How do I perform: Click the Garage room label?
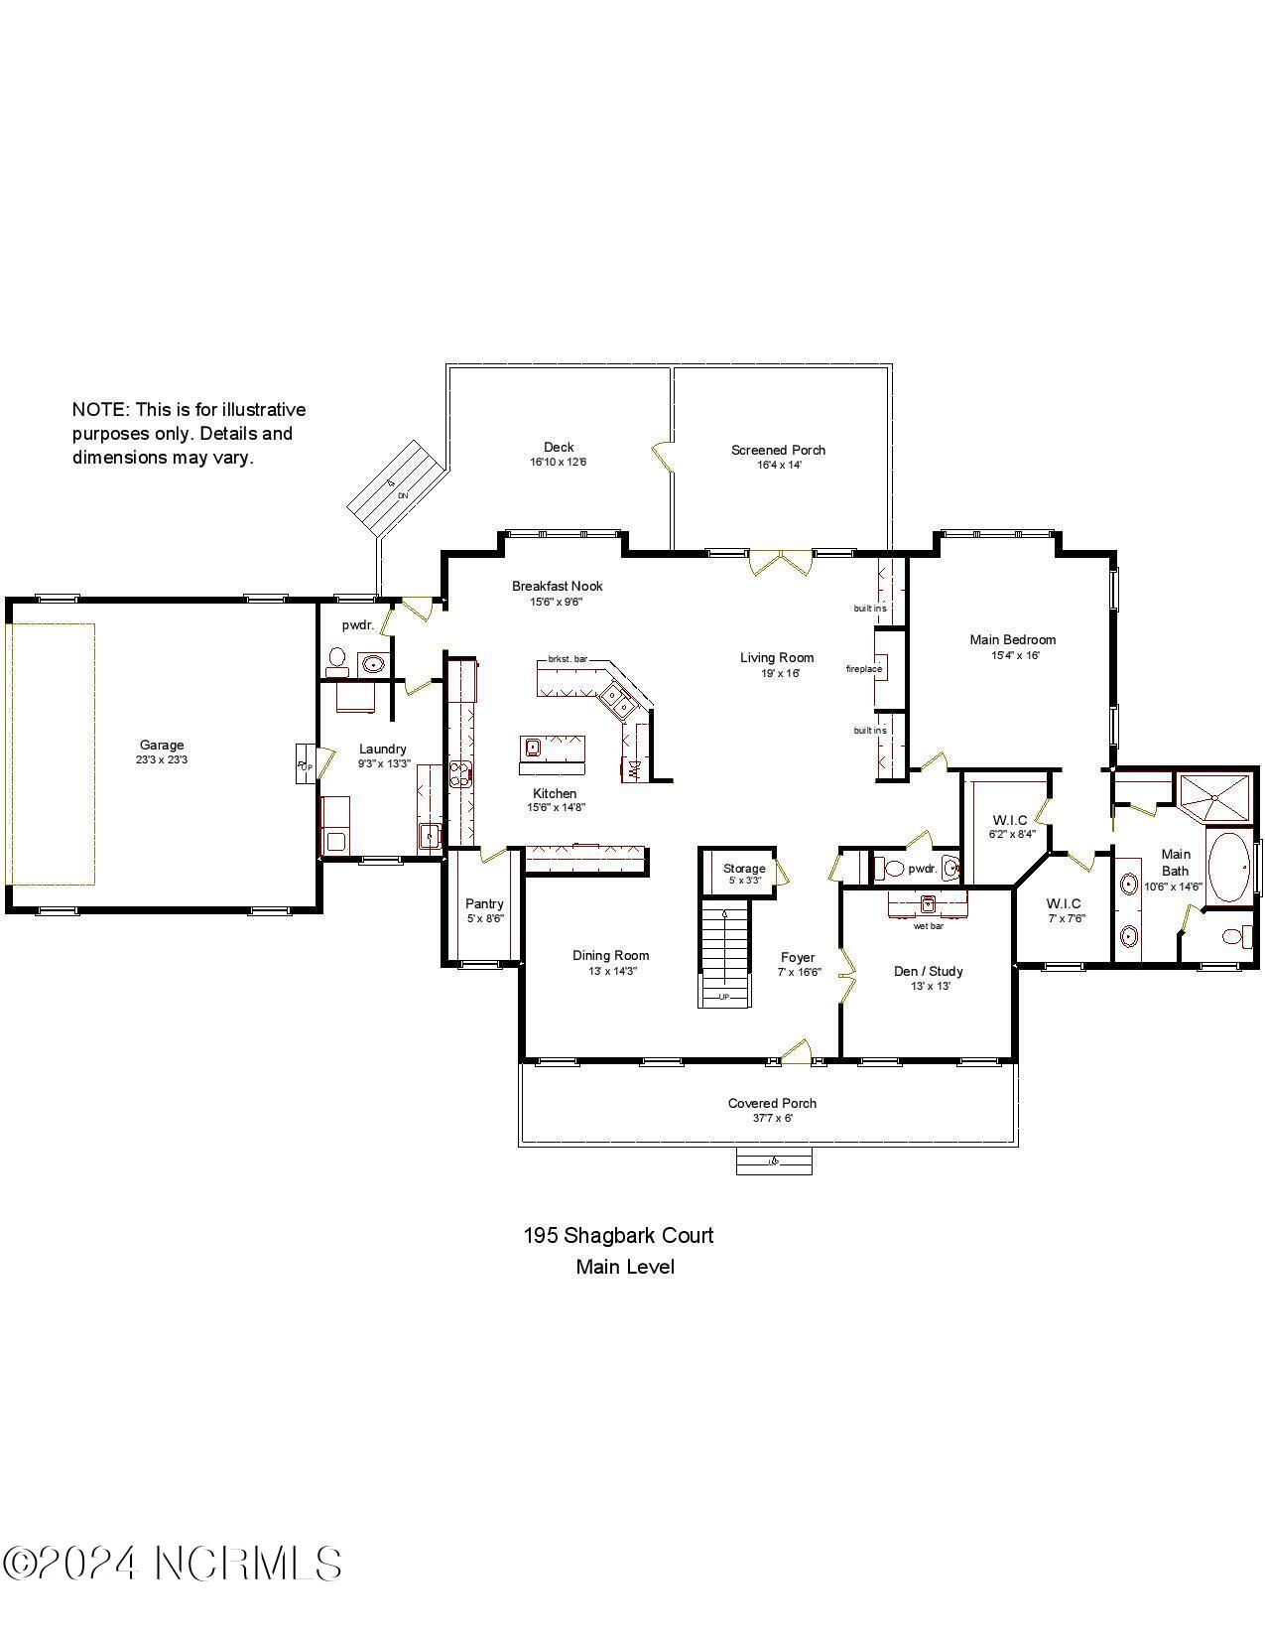point(161,745)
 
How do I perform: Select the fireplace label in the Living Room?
point(863,669)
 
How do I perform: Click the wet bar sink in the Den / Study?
point(928,904)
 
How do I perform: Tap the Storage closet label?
point(743,869)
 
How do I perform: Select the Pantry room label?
point(484,903)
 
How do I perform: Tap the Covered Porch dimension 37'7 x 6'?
point(772,1118)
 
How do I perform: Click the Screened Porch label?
point(778,450)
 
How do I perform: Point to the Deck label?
point(559,447)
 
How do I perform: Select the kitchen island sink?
point(533,747)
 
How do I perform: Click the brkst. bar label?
point(568,659)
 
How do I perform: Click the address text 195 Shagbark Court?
point(618,1236)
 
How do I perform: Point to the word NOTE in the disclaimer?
point(99,410)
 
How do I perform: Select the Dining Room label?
point(610,955)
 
